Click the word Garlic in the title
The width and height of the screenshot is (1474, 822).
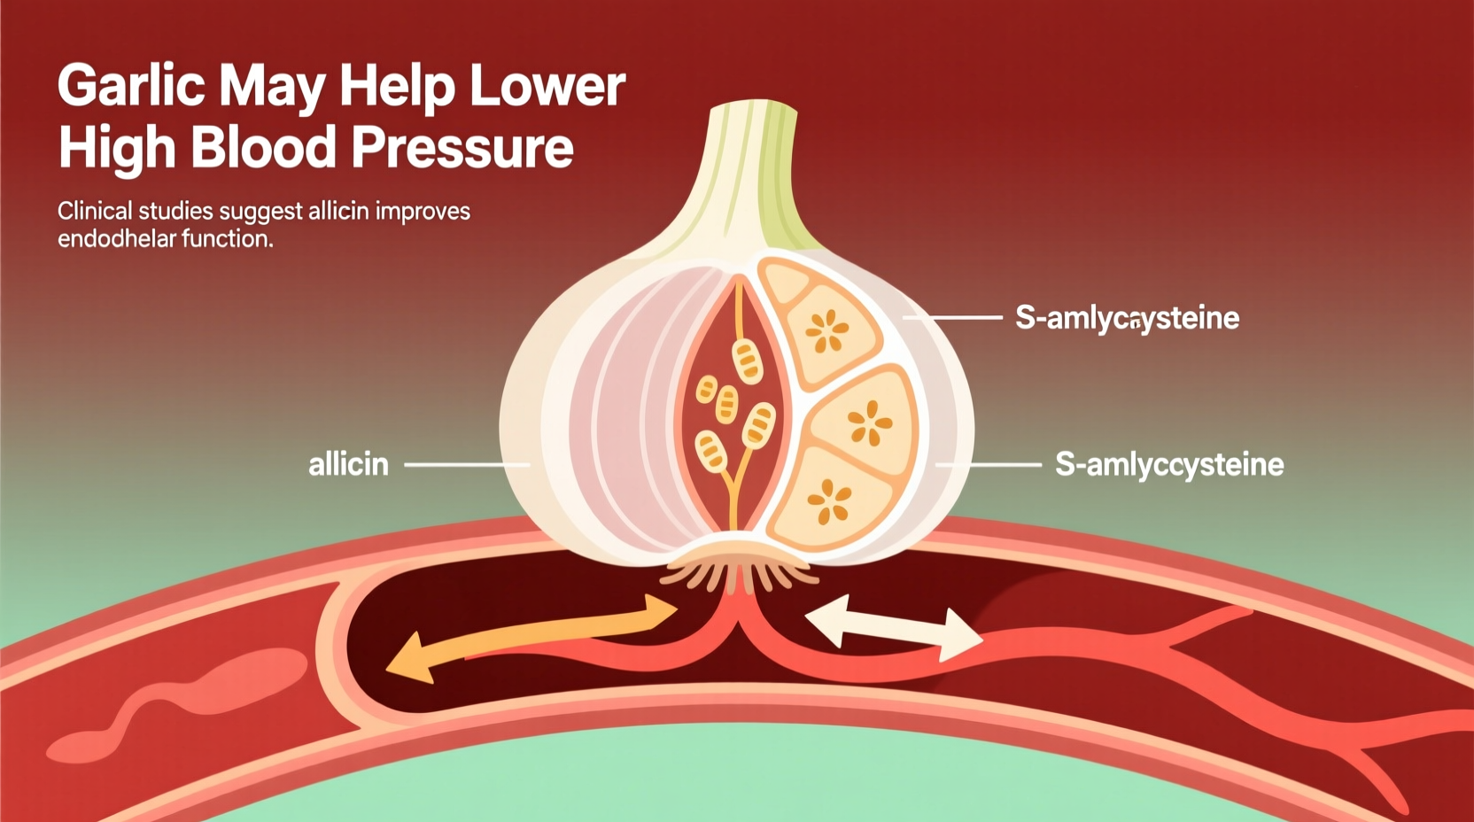[x=131, y=86]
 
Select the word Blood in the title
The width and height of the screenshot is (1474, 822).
[x=263, y=147]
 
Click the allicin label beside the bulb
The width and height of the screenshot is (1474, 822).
[x=348, y=464]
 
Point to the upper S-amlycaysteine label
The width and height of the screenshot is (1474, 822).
[x=1127, y=317]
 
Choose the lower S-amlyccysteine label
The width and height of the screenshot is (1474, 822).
[x=1168, y=464]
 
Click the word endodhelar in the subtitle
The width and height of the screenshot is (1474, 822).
[x=112, y=239]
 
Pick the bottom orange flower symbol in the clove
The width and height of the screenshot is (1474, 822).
[x=830, y=501]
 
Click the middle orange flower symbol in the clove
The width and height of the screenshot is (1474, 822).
[x=870, y=423]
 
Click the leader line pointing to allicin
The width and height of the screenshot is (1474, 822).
[x=465, y=464]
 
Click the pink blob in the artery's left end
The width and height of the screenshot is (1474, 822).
[x=177, y=700]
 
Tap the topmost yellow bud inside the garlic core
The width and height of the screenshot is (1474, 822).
[x=747, y=359]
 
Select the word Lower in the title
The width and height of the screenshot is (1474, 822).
[x=547, y=86]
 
